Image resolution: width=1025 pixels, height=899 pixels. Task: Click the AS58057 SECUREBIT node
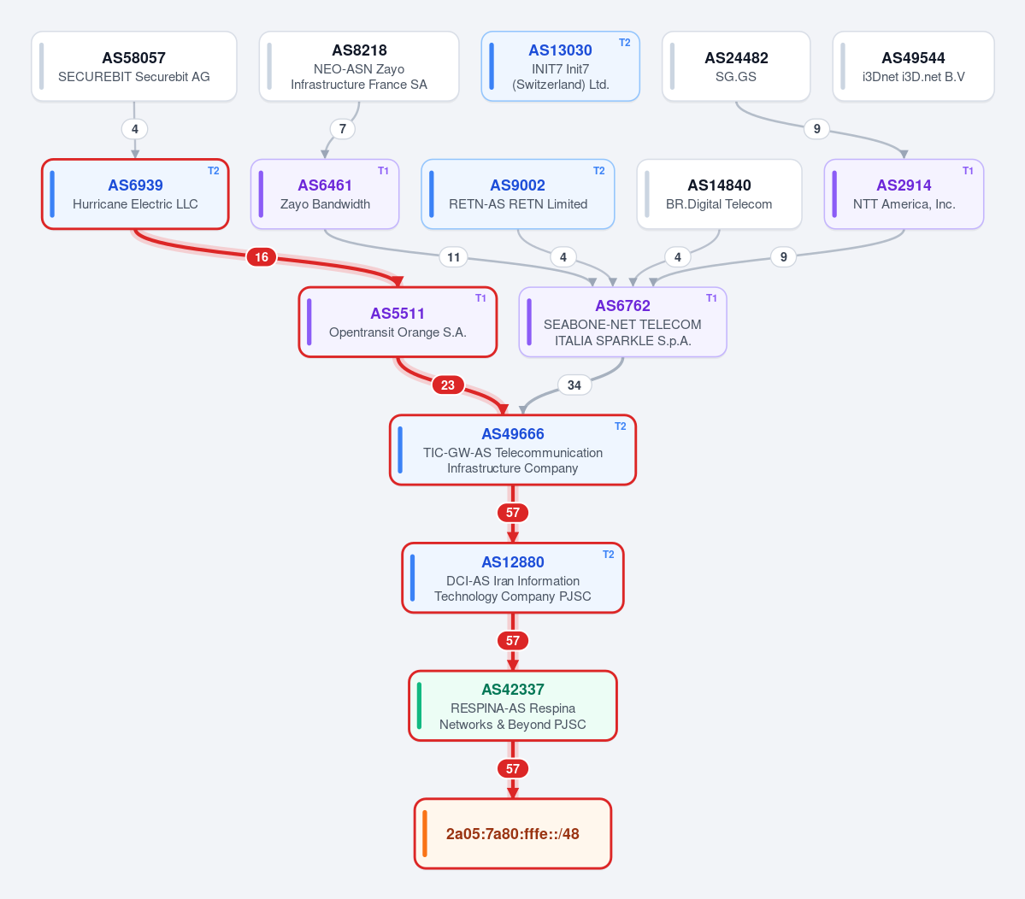(x=134, y=66)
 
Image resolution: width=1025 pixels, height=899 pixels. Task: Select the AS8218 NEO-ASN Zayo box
(x=359, y=66)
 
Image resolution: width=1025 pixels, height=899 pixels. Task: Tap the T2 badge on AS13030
(x=624, y=43)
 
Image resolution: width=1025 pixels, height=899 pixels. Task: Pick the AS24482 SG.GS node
(x=736, y=66)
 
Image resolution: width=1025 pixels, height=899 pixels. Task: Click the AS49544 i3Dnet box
(x=913, y=66)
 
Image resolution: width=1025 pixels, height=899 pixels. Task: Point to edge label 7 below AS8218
(x=343, y=129)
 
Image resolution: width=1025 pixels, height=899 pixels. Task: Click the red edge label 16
(x=262, y=256)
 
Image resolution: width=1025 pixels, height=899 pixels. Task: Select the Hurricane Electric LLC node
(x=135, y=194)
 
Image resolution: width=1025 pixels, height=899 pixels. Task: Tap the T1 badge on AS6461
(x=383, y=171)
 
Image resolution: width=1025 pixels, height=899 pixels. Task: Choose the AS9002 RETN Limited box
(x=518, y=194)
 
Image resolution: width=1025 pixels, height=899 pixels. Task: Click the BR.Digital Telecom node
(x=719, y=194)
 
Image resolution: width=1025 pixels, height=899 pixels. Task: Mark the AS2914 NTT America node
(x=904, y=194)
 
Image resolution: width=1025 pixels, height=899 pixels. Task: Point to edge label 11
(x=454, y=256)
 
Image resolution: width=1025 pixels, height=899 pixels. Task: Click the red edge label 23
(x=448, y=385)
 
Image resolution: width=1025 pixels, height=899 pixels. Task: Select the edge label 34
(x=574, y=385)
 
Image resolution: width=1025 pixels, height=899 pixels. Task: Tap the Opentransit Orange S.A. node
(x=398, y=322)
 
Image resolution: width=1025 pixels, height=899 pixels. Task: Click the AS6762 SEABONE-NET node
(x=622, y=322)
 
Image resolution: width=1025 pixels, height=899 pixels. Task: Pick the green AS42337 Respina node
(x=513, y=706)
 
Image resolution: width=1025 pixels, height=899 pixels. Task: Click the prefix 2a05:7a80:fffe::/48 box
(x=513, y=834)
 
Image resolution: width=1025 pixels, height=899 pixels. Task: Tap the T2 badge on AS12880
(x=608, y=554)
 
